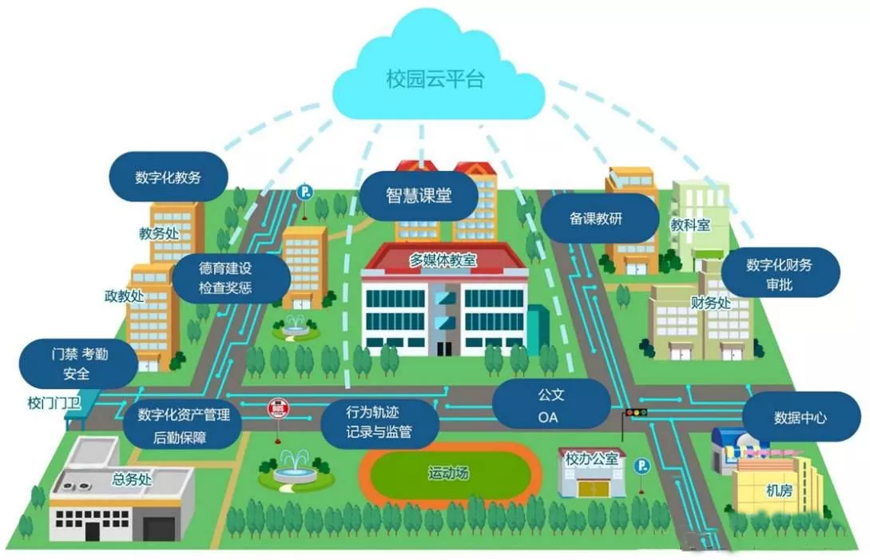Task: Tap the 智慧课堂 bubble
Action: [x=419, y=196]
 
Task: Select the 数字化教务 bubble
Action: [x=168, y=177]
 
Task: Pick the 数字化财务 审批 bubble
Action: [x=780, y=274]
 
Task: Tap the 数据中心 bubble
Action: [x=800, y=417]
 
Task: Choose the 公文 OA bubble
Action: [x=551, y=405]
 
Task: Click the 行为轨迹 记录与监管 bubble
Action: [x=379, y=423]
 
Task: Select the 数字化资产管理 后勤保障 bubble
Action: [x=182, y=426]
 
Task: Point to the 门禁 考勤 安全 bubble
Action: [x=78, y=364]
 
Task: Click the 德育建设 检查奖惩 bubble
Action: [x=232, y=278]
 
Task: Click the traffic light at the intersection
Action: [x=636, y=412]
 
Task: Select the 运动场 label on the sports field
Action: [x=448, y=474]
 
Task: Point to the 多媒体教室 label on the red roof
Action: [x=443, y=260]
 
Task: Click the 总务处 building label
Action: [x=132, y=479]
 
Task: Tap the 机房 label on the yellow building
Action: [x=780, y=490]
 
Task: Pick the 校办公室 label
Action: [x=591, y=459]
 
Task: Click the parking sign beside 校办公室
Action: [x=642, y=467]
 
